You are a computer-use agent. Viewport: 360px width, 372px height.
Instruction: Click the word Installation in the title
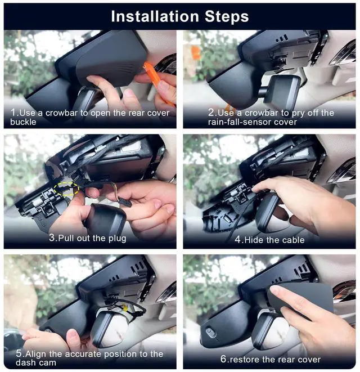tap(155, 16)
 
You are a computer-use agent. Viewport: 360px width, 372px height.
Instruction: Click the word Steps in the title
tap(227, 16)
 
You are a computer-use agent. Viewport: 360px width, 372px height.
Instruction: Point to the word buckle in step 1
tap(23, 122)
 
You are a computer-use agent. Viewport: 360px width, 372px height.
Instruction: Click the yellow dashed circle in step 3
tap(66, 189)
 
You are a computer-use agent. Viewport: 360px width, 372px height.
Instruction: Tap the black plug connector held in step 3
tap(125, 203)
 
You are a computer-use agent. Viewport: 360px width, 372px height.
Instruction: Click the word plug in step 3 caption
tap(118, 239)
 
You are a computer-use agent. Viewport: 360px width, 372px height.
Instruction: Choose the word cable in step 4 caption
tap(294, 240)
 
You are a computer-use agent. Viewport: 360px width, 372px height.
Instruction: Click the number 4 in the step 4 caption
tap(238, 240)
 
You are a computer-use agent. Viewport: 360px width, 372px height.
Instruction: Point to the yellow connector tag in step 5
tap(125, 308)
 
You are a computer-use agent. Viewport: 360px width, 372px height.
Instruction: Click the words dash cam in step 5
tap(36, 362)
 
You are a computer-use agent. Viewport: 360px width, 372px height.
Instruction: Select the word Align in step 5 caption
tap(36, 354)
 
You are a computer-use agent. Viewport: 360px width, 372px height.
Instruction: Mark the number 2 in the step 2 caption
tap(211, 113)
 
